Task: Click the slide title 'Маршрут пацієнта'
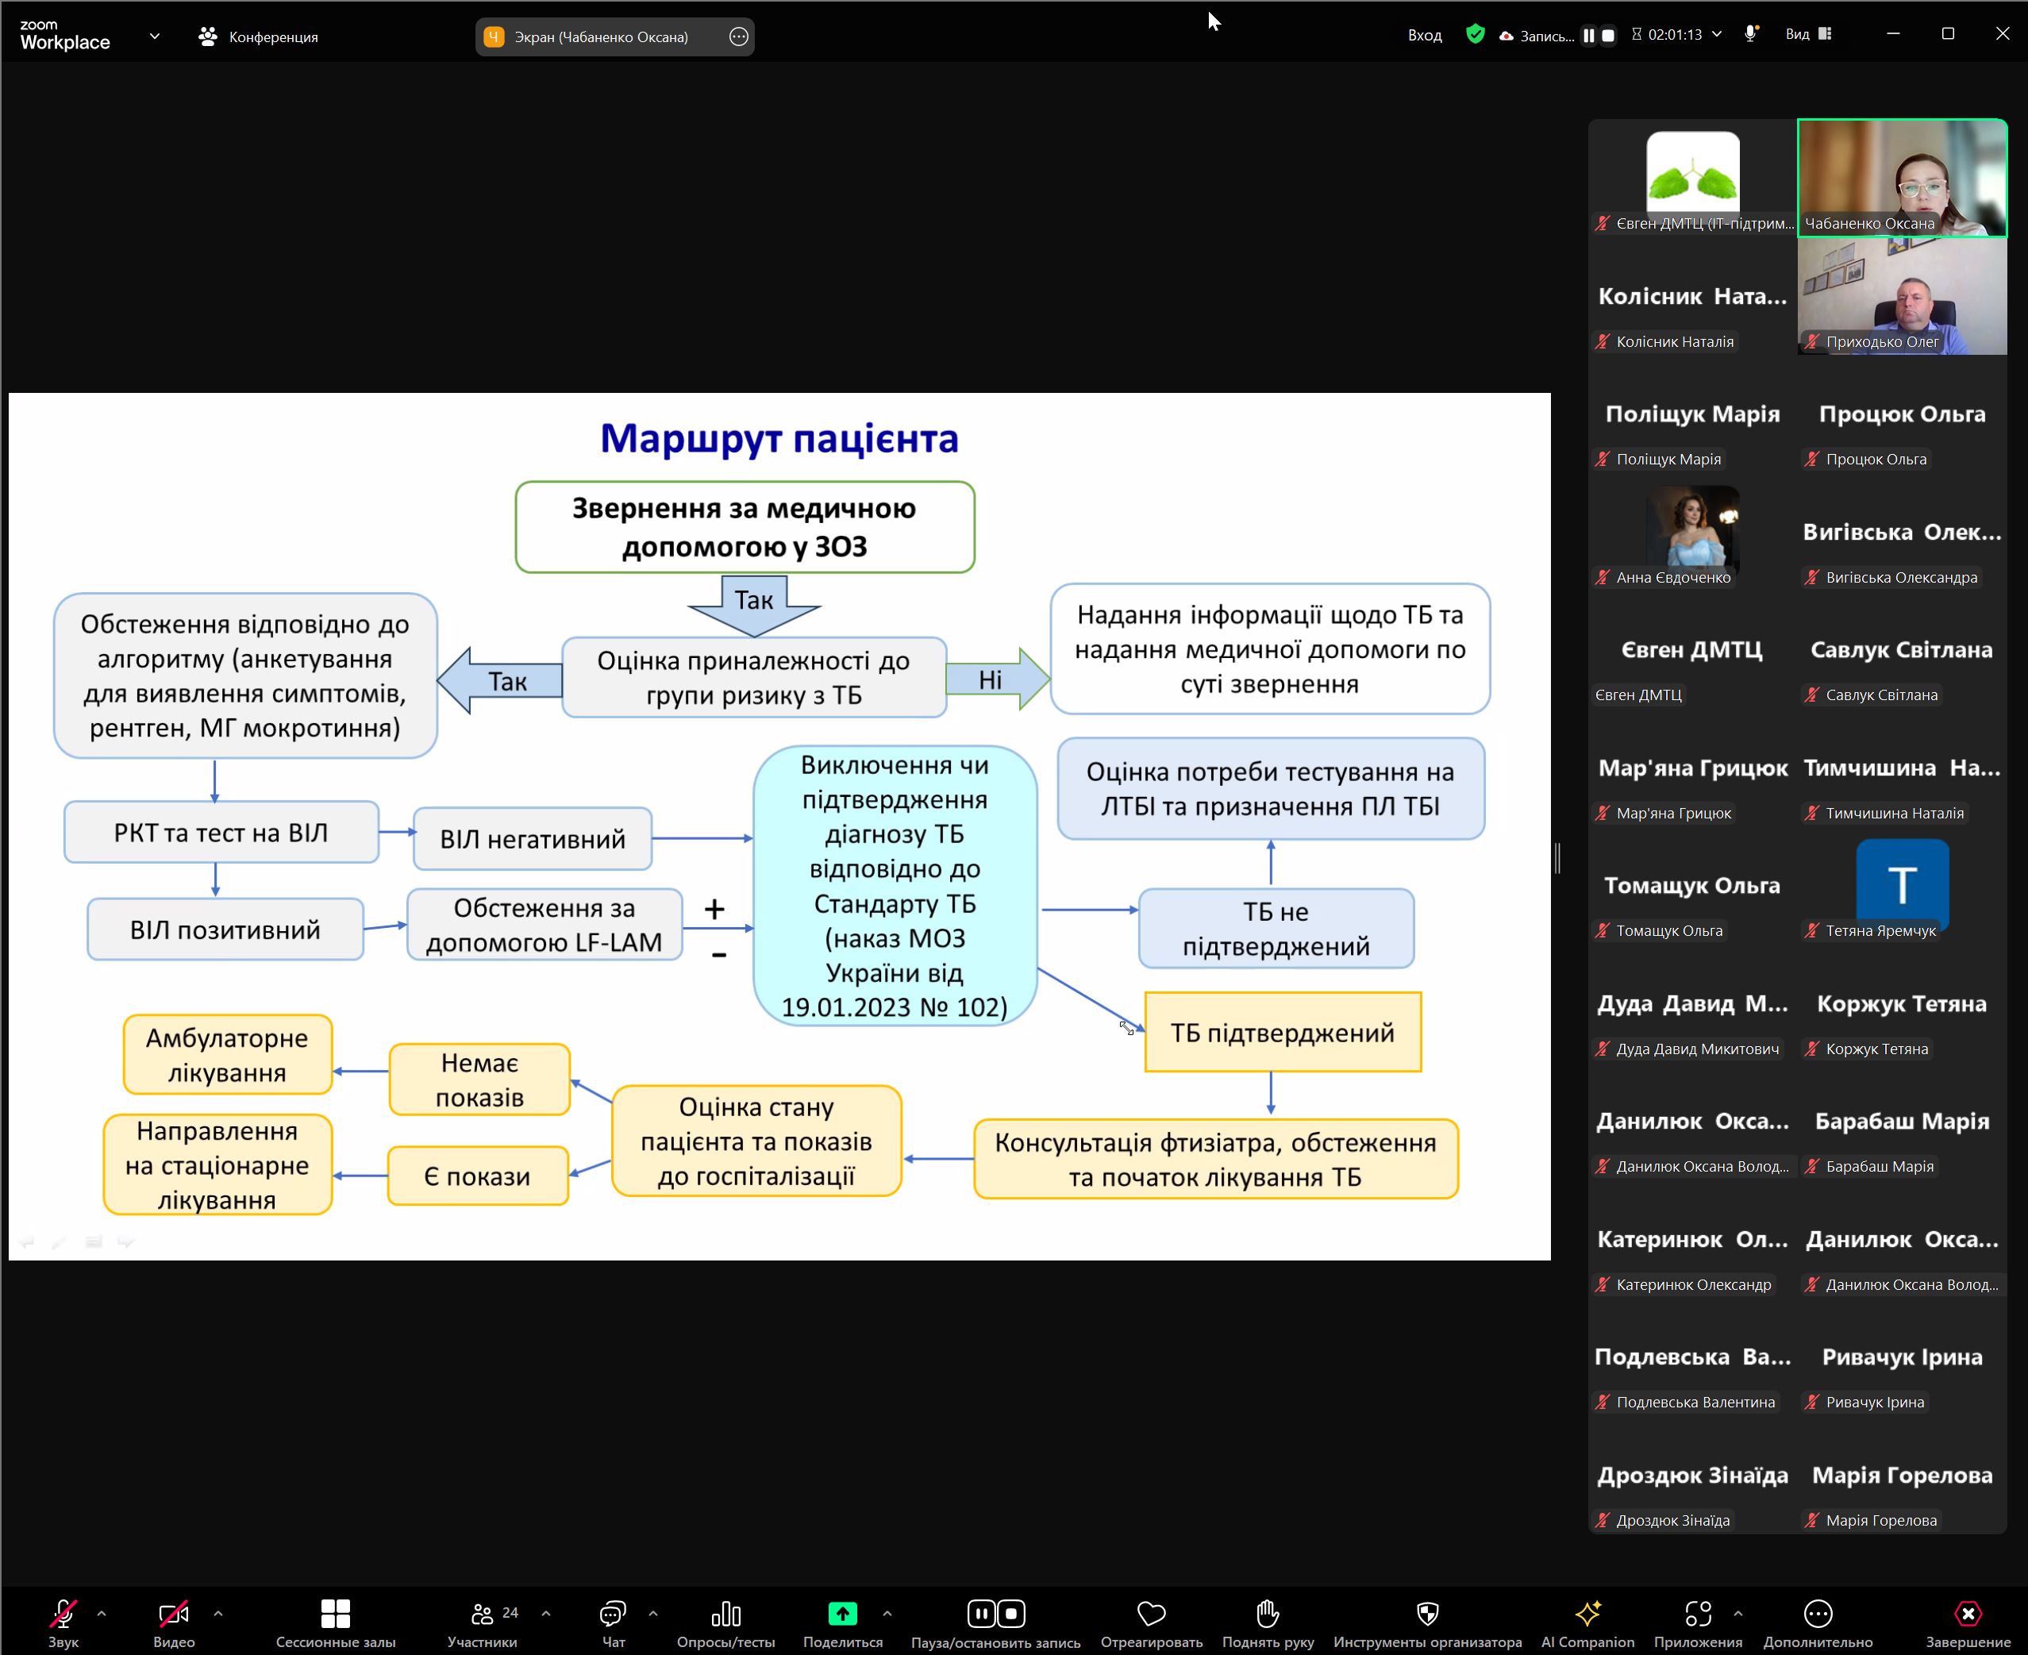click(x=779, y=438)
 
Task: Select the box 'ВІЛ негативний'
click(x=532, y=839)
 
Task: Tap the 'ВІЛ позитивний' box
click(x=225, y=929)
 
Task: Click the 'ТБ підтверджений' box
click(x=1283, y=1033)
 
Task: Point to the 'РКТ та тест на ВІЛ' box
click(x=221, y=833)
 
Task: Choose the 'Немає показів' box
click(x=479, y=1080)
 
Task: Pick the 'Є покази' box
click(x=477, y=1176)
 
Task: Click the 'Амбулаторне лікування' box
click(x=227, y=1056)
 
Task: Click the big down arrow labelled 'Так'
click(x=753, y=604)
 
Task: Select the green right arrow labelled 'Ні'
click(x=996, y=679)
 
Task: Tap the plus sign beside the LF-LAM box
click(x=714, y=909)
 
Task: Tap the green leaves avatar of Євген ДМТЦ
click(x=1692, y=171)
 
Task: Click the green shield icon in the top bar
click(x=1475, y=35)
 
